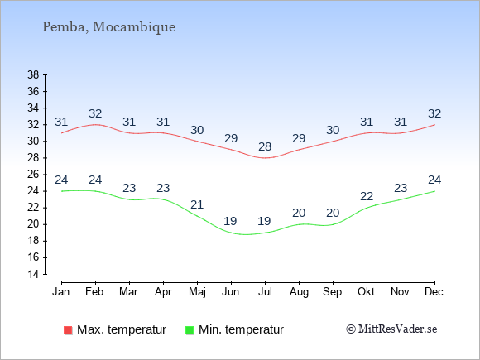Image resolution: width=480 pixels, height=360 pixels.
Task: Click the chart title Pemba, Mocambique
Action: (108, 27)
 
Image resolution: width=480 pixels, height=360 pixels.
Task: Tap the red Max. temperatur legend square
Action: (68, 330)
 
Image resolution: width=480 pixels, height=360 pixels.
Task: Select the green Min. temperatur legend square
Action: (190, 330)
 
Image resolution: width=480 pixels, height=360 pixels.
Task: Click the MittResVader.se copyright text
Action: (391, 329)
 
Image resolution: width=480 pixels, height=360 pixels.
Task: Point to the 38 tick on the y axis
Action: (33, 74)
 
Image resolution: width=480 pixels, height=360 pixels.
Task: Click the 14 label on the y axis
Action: (33, 274)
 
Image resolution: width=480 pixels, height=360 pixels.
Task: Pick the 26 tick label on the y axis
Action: (33, 175)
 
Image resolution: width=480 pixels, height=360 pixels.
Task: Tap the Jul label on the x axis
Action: (265, 292)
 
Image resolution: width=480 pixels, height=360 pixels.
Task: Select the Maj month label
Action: (197, 292)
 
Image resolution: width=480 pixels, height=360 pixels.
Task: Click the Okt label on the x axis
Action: (366, 292)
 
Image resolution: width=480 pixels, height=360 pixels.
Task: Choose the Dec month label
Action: (434, 292)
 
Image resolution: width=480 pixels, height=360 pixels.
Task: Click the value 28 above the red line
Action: (265, 147)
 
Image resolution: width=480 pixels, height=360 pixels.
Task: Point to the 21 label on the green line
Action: (197, 204)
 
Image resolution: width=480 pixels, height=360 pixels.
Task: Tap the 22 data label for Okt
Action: (367, 196)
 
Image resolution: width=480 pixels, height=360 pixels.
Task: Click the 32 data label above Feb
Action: (95, 114)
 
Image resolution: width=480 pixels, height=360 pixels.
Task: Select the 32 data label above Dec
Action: (434, 114)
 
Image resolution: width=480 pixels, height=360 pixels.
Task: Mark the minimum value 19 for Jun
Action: (230, 221)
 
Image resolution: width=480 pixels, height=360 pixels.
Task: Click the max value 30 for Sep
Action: (333, 131)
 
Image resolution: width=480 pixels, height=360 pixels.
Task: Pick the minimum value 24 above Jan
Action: (61, 180)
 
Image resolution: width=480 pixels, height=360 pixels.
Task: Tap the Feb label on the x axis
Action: (94, 292)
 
